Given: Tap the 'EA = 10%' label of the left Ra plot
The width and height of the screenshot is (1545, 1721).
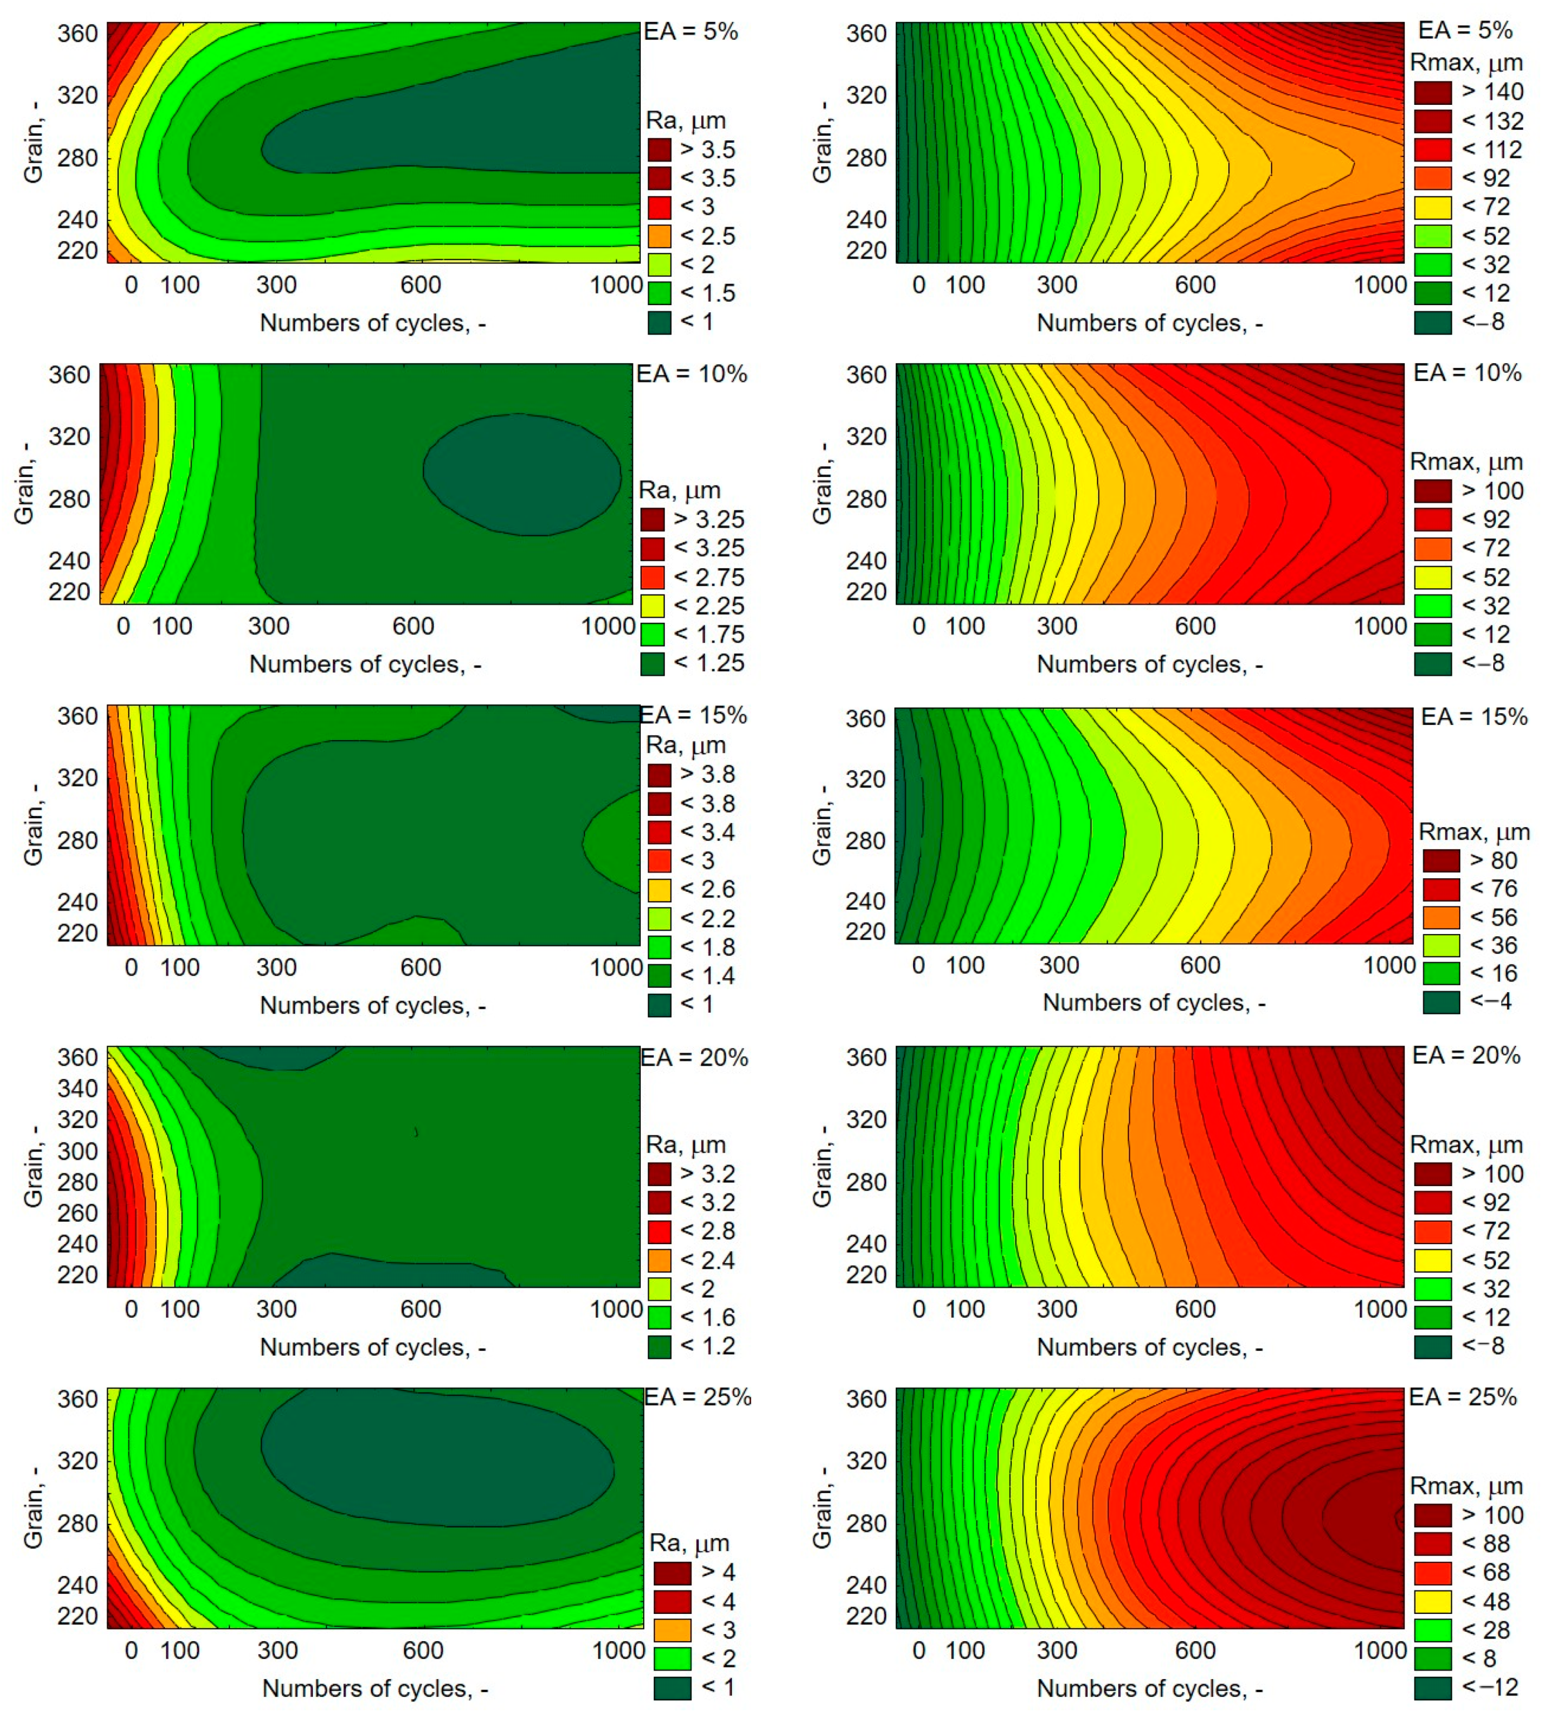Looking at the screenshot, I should pyautogui.click(x=691, y=374).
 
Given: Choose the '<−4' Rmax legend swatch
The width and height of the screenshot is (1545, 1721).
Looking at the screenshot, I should pyautogui.click(x=1441, y=1002).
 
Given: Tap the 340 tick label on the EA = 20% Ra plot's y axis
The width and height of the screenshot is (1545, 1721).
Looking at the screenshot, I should pyautogui.click(x=77, y=1088).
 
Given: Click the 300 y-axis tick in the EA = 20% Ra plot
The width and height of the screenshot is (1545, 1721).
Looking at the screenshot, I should pyautogui.click(x=77, y=1150).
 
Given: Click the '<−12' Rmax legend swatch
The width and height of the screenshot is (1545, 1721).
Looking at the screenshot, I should pyautogui.click(x=1432, y=1687).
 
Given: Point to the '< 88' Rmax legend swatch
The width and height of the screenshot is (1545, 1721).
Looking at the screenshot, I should pyautogui.click(x=1432, y=1544).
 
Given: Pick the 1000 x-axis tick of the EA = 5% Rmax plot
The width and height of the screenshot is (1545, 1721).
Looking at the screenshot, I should pyautogui.click(x=1379, y=285).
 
